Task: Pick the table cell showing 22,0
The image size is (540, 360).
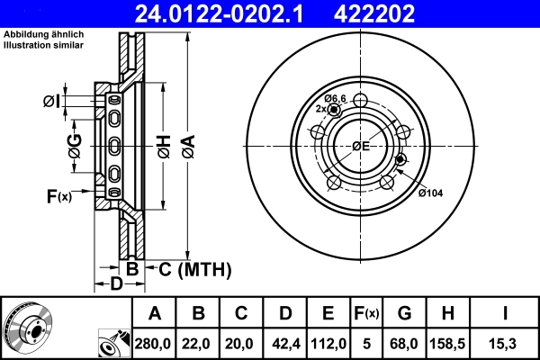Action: pos(199,343)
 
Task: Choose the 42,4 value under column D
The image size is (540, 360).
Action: pos(285,343)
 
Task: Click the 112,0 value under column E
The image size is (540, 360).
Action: pos(328,343)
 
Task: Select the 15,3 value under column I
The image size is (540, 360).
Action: pos(504,343)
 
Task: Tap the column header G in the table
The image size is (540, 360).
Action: pos(404,313)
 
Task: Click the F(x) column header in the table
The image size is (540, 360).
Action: pos(366,313)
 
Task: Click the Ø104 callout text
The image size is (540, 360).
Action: pos(431,192)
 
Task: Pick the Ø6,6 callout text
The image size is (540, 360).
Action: pos(336,97)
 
